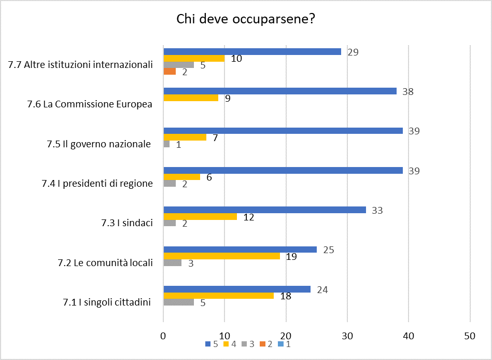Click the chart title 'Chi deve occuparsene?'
(246, 19)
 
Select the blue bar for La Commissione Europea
(280, 91)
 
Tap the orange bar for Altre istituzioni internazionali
(170, 72)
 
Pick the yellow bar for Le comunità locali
(221, 256)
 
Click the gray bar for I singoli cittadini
(178, 302)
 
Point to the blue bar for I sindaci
(264, 210)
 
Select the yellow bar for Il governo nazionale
(185, 137)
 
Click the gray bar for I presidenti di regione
(170, 184)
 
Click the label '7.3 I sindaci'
(127, 223)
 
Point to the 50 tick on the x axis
(470, 336)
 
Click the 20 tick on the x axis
(286, 336)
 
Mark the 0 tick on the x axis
(163, 336)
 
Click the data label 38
(408, 91)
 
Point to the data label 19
(291, 256)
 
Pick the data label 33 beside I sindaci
(377, 210)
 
